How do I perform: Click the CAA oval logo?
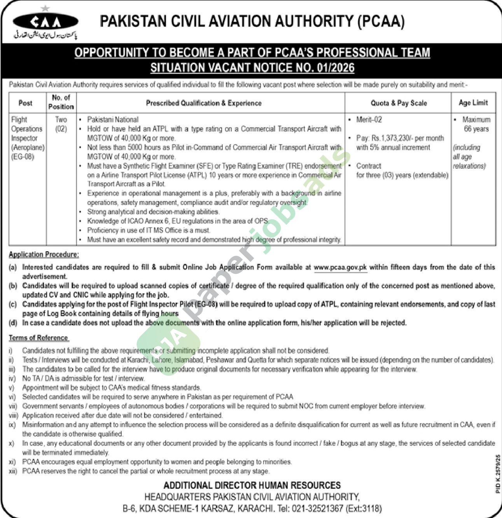(45, 21)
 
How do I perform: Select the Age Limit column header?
(473, 103)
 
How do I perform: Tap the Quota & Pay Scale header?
(399, 103)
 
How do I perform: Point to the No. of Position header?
(61, 102)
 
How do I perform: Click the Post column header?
(25, 103)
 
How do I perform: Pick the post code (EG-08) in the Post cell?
(23, 157)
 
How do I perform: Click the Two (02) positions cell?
(61, 124)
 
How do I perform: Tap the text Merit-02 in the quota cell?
(369, 119)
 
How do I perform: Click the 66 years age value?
(476, 129)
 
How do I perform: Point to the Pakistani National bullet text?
(113, 119)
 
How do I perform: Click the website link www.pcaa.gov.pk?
(340, 267)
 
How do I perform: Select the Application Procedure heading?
(44, 254)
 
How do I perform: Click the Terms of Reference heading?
(38, 338)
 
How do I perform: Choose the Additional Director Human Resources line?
(252, 485)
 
